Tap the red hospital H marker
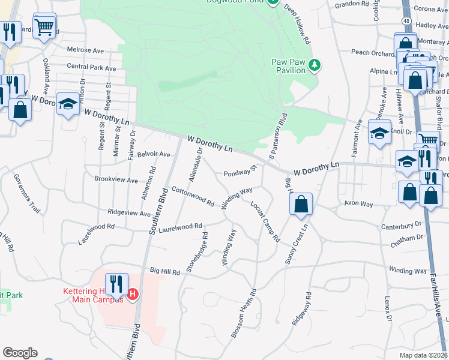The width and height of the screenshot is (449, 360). (133, 294)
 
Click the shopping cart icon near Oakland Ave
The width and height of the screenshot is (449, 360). (44, 27)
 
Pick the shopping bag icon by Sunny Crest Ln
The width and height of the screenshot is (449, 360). (301, 205)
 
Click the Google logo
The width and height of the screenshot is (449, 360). (20, 353)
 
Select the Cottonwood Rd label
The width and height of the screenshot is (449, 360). (193, 196)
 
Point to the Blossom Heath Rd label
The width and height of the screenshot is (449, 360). (244, 313)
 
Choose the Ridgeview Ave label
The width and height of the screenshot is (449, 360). (128, 212)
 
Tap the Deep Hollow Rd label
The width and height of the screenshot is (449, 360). (298, 26)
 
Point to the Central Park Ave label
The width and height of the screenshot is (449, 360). (91, 68)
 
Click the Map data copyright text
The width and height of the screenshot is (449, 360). (423, 355)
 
